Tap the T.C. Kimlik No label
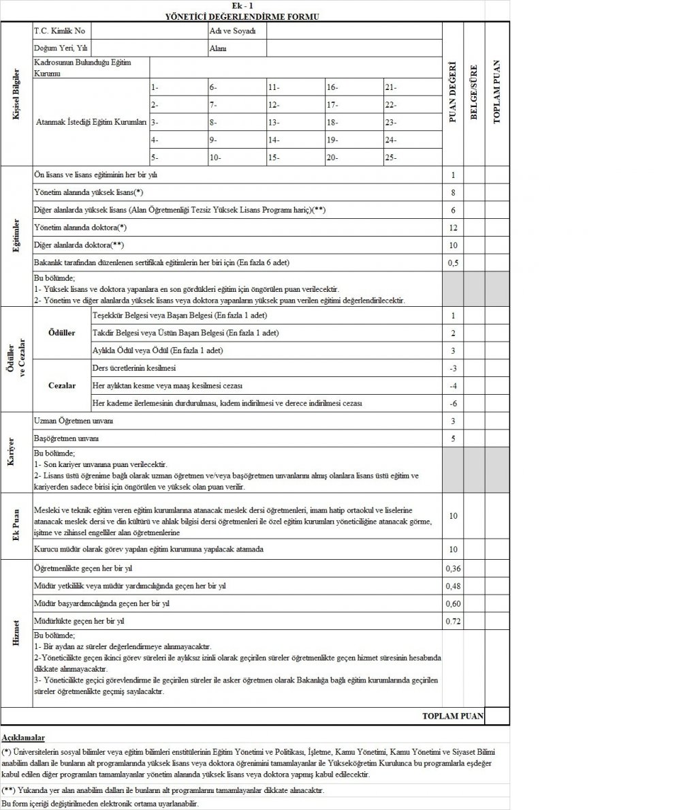click(59, 31)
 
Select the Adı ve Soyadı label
click(227, 31)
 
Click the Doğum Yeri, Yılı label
click(61, 48)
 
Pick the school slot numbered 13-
click(274, 123)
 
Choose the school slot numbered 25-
click(391, 157)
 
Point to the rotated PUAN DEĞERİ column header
click(453, 93)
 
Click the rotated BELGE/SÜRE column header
click(475, 93)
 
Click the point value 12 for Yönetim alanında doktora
click(453, 227)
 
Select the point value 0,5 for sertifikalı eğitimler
click(453, 262)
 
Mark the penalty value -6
click(453, 404)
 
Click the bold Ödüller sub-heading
click(62, 333)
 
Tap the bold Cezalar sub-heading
click(62, 386)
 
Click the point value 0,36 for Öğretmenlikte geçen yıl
click(453, 568)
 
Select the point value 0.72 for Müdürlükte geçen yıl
click(453, 621)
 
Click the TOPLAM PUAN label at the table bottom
click(453, 716)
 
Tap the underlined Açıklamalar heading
click(24, 738)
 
